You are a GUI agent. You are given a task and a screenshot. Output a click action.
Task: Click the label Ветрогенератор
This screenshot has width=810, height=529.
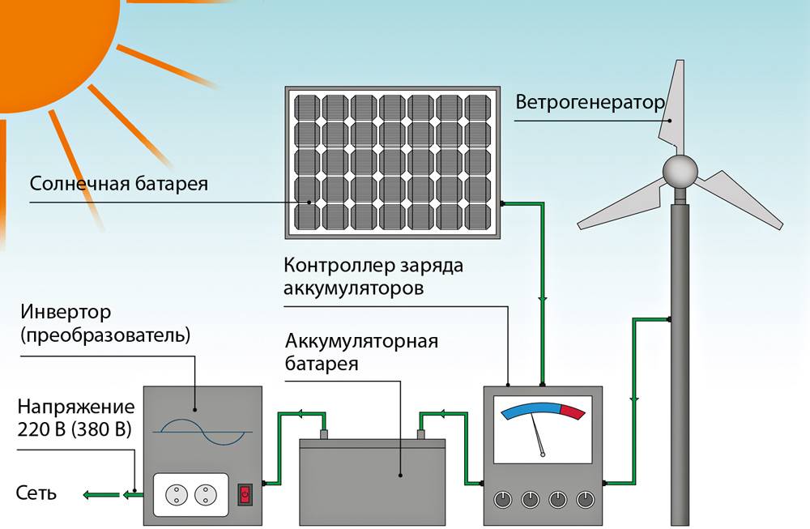[589, 104]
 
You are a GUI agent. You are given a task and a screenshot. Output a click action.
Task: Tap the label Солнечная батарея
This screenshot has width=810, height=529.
[119, 184]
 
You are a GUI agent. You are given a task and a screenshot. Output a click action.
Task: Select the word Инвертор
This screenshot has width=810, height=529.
[66, 312]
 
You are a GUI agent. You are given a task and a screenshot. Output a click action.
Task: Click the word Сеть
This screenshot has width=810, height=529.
[36, 493]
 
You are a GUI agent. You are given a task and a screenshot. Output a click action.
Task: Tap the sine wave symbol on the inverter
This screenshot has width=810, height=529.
[200, 432]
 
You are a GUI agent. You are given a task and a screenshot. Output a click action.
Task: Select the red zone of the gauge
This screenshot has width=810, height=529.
[573, 412]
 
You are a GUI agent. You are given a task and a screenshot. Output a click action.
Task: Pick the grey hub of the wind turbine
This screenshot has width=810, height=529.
[680, 169]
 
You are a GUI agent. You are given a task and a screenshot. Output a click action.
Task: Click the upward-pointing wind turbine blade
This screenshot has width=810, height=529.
[674, 105]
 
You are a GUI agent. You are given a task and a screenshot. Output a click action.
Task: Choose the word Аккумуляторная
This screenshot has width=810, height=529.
[361, 340]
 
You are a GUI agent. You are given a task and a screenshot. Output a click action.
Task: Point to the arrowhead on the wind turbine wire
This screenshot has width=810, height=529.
[634, 399]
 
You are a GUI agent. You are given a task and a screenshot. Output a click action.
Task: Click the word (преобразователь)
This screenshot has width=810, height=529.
[106, 335]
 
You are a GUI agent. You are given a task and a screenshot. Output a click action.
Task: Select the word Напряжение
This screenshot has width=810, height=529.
[76, 407]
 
